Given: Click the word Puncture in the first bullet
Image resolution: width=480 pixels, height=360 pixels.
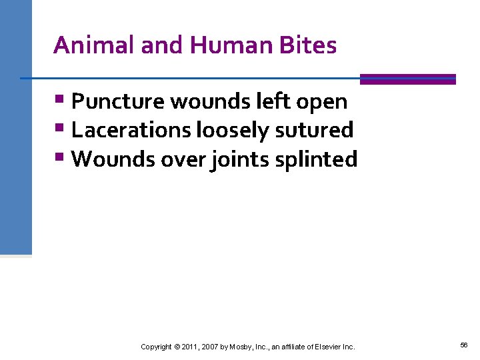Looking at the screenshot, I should coord(118,102).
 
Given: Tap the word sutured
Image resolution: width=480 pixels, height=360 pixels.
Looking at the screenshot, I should coord(313,130).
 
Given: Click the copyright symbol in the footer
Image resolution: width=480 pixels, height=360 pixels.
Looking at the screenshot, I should coord(177,347).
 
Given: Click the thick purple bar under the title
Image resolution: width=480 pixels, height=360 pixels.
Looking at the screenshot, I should coord(407,79).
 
